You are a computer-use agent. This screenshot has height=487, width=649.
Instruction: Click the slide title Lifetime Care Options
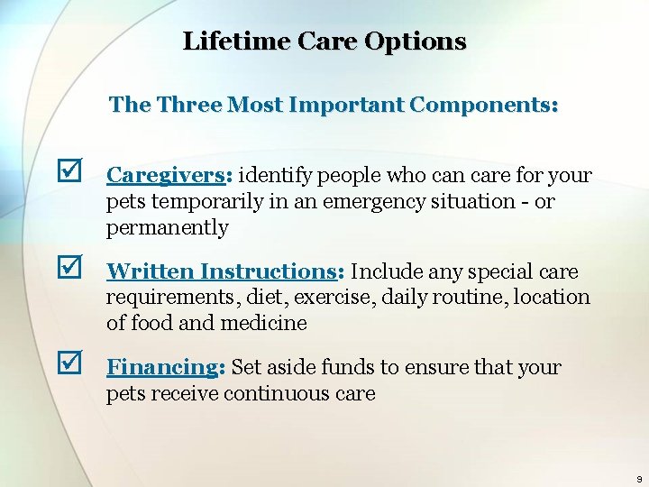(x=324, y=41)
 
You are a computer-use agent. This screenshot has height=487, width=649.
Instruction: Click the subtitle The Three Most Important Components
(x=334, y=105)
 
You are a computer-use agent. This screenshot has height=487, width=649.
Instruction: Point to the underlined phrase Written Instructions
(x=221, y=271)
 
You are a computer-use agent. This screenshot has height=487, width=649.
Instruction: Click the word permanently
(x=168, y=228)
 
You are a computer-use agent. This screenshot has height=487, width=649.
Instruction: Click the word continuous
(x=279, y=394)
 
